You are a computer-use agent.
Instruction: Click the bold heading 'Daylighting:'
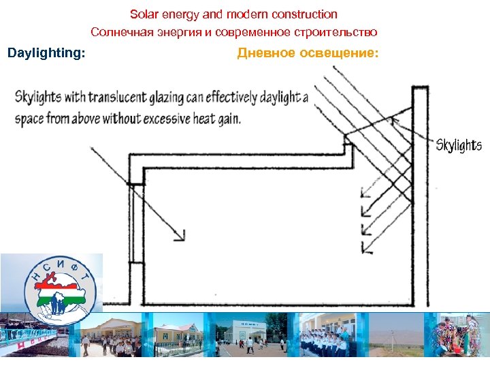[x=46, y=53]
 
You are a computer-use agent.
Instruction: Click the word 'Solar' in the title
[x=144, y=14]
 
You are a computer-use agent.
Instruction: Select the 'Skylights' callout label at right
[x=458, y=145]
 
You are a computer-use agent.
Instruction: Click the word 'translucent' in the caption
[x=118, y=97]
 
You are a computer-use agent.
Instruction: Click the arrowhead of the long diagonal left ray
[x=181, y=236]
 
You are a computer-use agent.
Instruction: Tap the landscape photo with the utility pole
[x=397, y=334]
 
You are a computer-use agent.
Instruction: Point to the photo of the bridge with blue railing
[x=34, y=336]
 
